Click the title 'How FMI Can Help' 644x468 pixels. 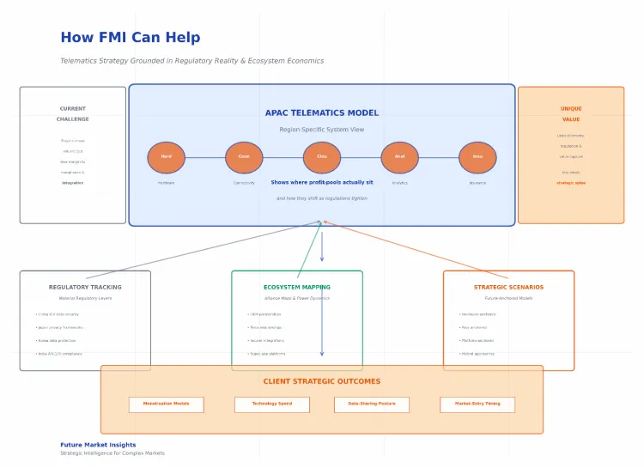coord(130,38)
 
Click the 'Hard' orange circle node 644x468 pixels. coord(166,157)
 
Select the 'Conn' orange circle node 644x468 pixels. coord(244,157)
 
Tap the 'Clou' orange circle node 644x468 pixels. coord(322,157)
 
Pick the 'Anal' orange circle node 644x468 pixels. coord(399,157)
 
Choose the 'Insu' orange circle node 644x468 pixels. coord(477,157)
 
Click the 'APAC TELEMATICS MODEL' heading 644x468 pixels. coord(322,113)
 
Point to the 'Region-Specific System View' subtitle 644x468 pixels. coord(322,130)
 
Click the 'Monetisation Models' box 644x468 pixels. coord(166,404)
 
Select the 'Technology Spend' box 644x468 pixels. coord(271,404)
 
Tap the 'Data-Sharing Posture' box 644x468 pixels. coord(371,404)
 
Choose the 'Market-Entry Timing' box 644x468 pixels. coord(477,404)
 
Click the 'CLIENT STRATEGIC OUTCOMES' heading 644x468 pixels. coord(322,381)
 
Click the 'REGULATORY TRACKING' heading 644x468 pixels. coord(85,287)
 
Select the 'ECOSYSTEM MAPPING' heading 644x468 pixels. coord(297,287)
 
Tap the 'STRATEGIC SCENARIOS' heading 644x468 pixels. coord(508,287)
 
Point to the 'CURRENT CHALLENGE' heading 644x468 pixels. coord(73,114)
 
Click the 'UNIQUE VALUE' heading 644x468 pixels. coord(571,114)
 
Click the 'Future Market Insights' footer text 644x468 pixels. coord(98,445)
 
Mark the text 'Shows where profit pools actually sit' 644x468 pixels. coord(322,182)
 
